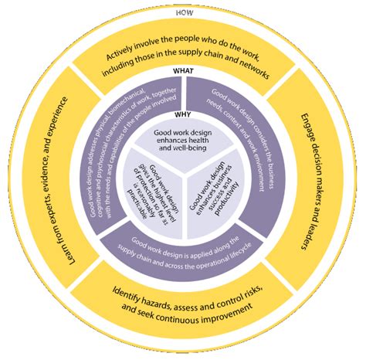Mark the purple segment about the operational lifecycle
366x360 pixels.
[184, 245]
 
